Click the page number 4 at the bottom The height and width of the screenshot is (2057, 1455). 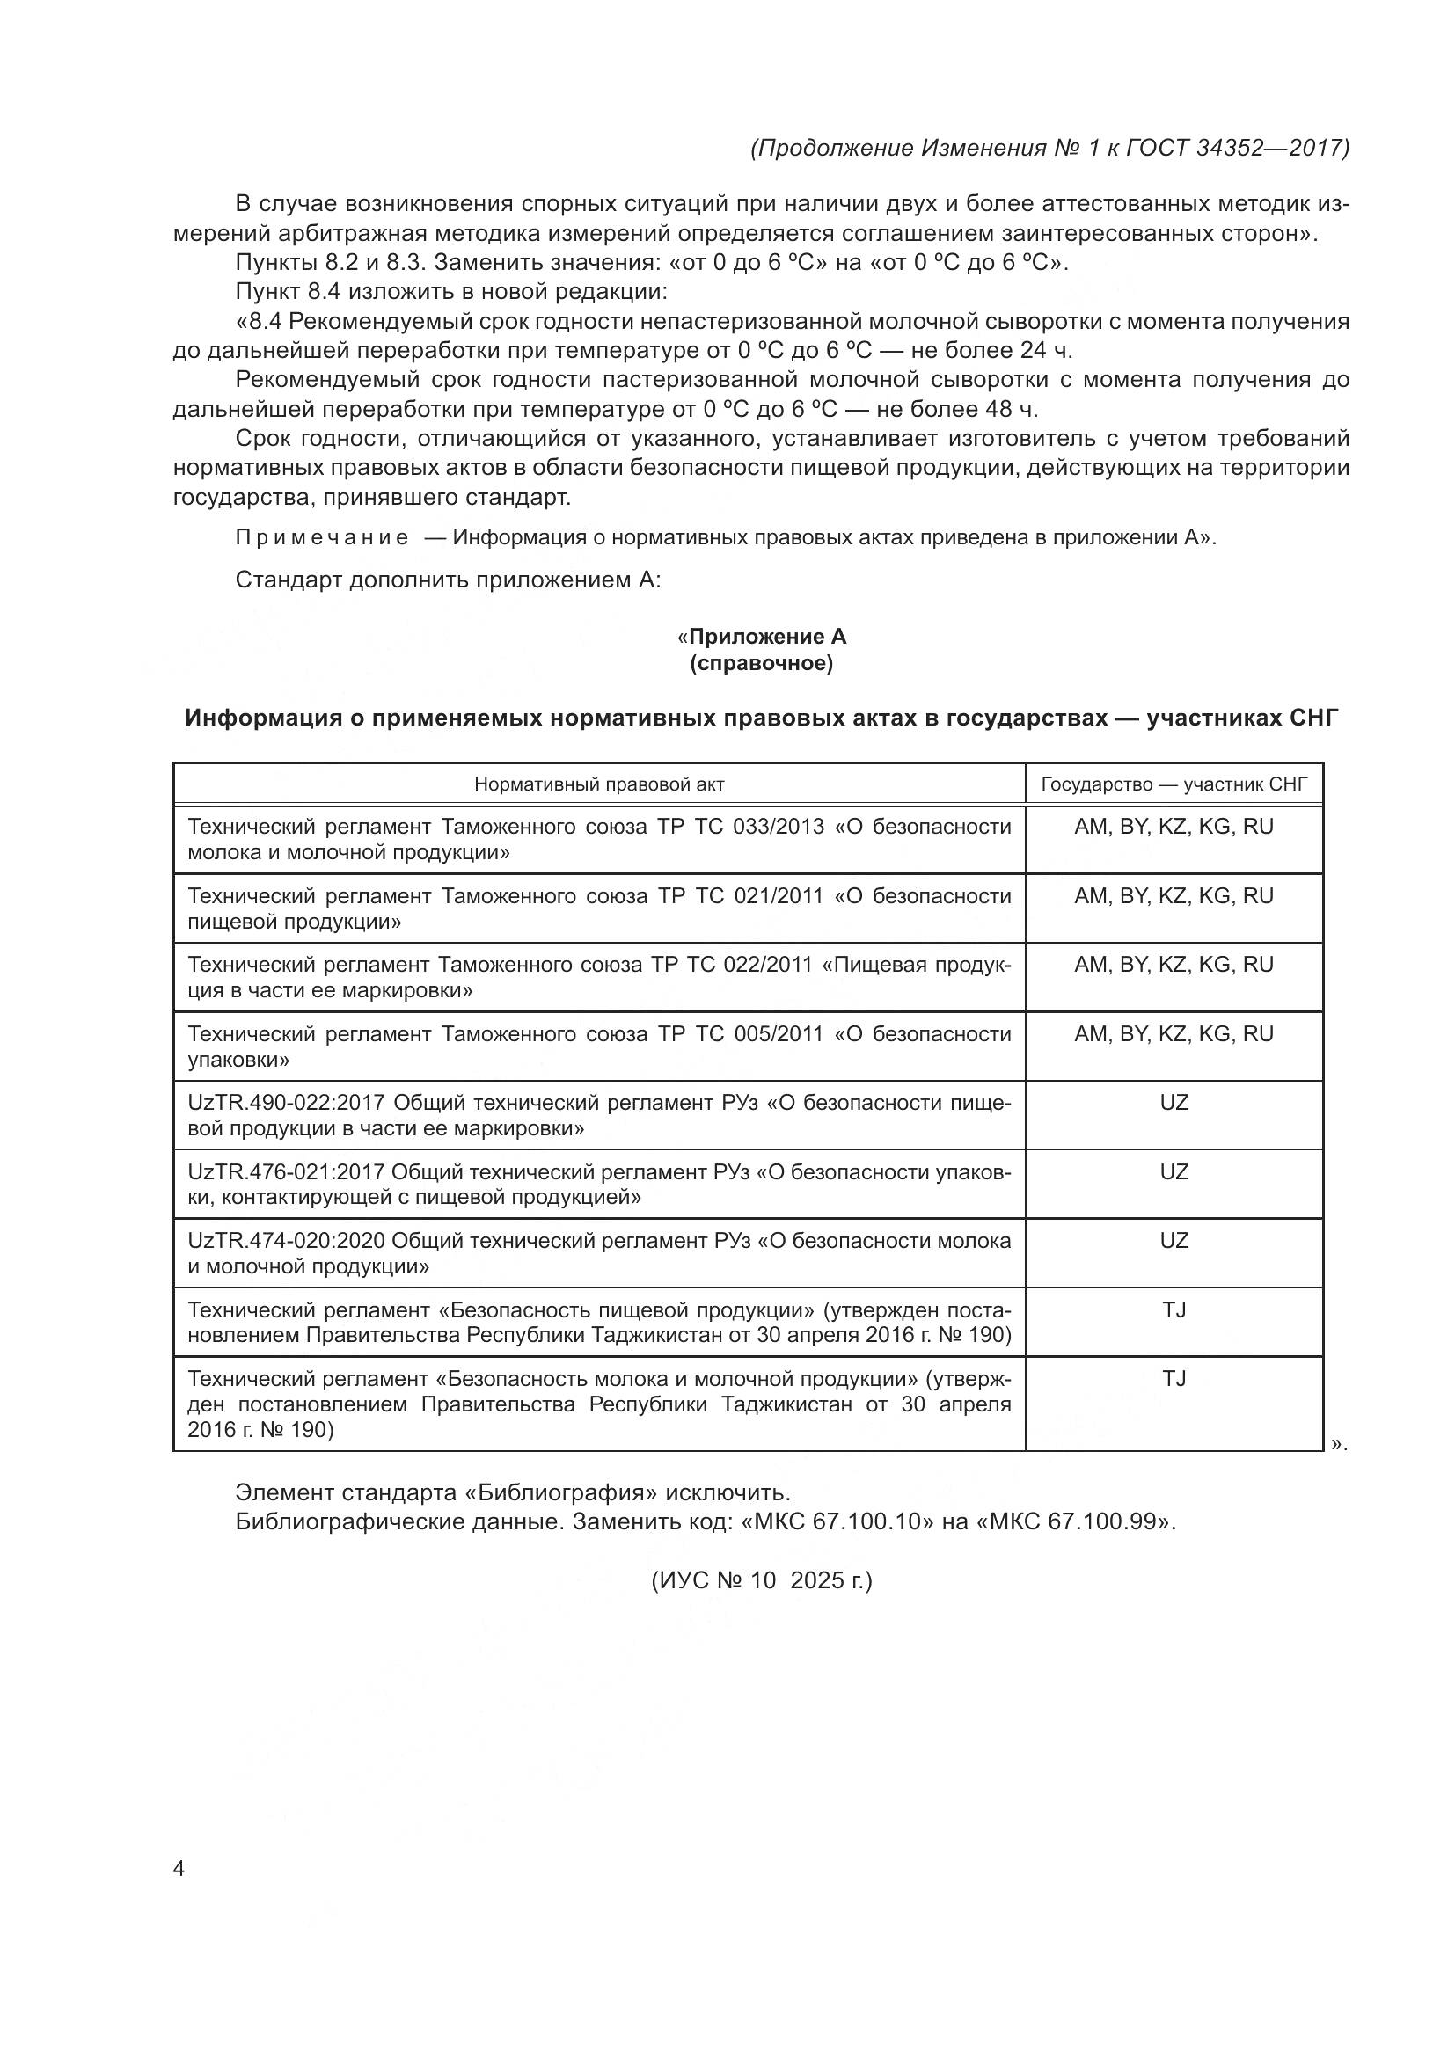pyautogui.click(x=179, y=1870)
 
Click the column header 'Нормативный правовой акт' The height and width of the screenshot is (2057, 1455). pyautogui.click(x=598, y=784)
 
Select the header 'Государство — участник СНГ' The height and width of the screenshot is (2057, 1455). pyautogui.click(x=1174, y=784)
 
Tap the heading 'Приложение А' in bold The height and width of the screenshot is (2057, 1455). pyautogui.click(x=767, y=637)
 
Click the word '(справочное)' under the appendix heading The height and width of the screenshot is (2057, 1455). pyautogui.click(x=762, y=664)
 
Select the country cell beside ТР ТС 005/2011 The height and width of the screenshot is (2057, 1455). pyautogui.click(x=1174, y=1034)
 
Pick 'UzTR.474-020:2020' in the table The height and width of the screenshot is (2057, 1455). pyautogui.click(x=286, y=1241)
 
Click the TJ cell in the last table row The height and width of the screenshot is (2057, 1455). pyautogui.click(x=1174, y=1379)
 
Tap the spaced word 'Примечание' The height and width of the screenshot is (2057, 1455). pyautogui.click(x=322, y=537)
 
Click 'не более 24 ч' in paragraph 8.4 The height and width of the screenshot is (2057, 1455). pyautogui.click(x=990, y=350)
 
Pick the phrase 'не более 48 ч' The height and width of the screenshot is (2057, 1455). pyautogui.click(x=956, y=410)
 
